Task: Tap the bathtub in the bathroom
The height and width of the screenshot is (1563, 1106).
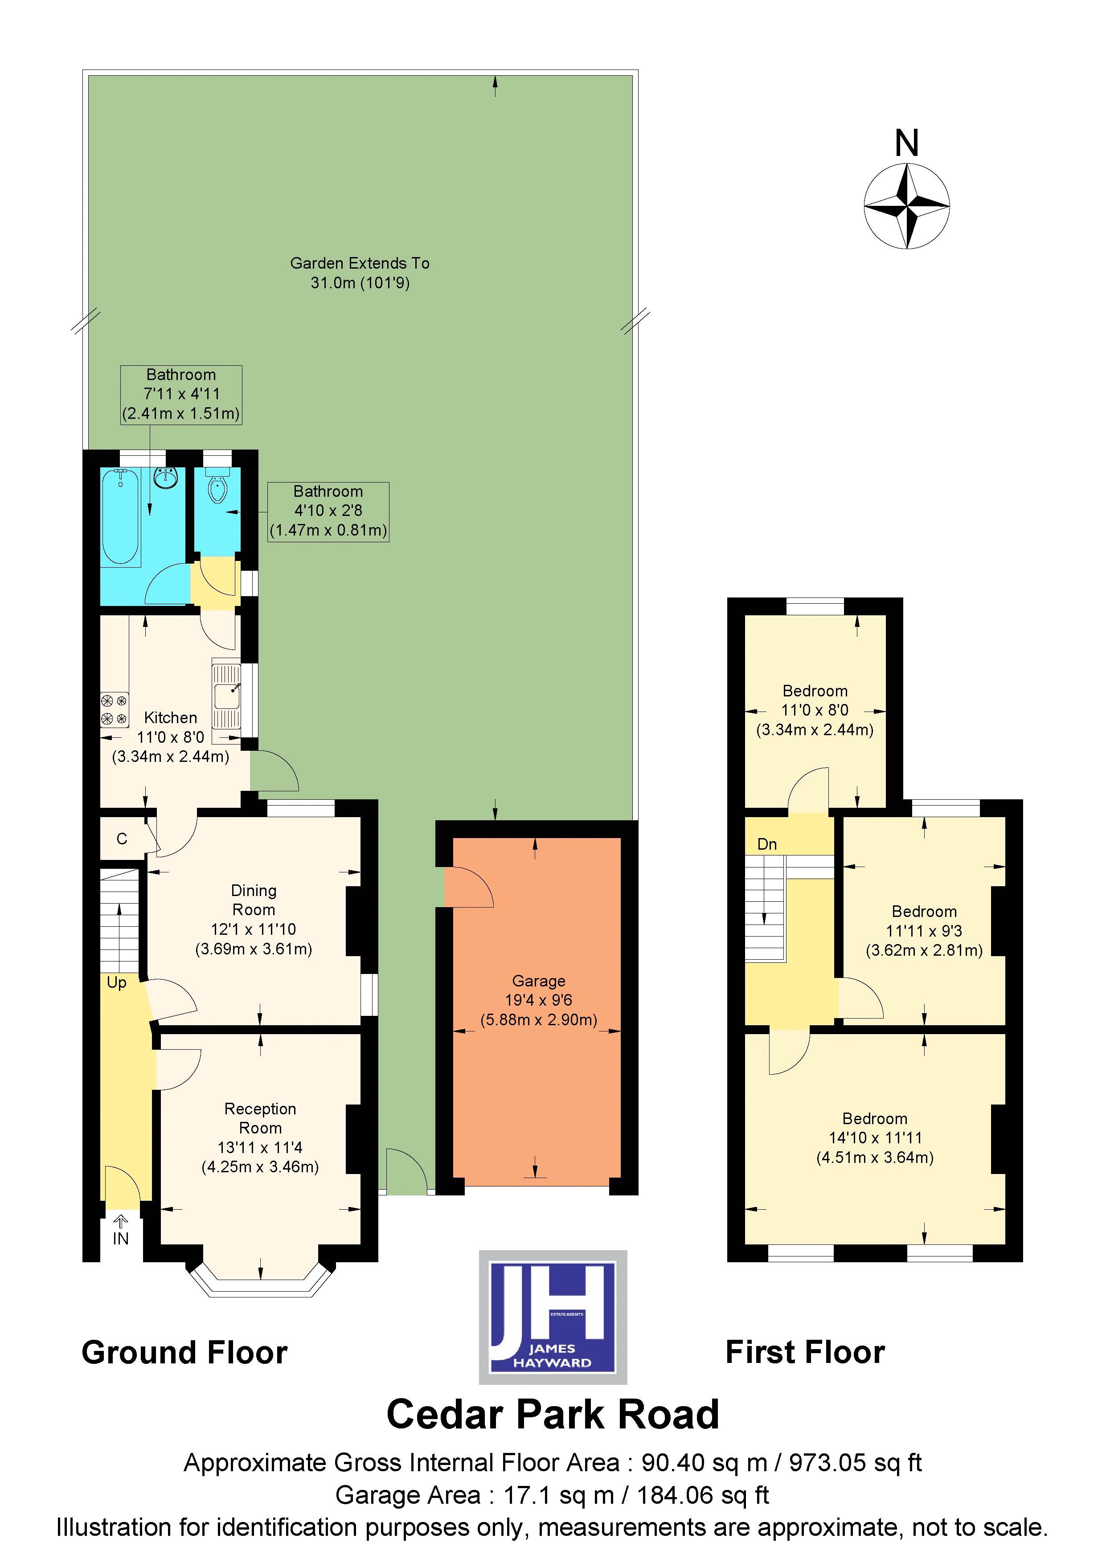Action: (x=121, y=517)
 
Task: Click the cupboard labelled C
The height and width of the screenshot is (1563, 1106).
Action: (x=122, y=839)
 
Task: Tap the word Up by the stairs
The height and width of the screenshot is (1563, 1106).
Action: (x=116, y=983)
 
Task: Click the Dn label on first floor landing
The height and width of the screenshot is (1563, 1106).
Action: (x=767, y=845)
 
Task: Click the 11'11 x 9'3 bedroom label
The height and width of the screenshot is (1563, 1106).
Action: (x=924, y=931)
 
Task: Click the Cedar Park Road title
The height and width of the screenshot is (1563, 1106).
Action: (x=552, y=1415)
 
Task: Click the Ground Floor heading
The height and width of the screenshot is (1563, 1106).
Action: (x=184, y=1353)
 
